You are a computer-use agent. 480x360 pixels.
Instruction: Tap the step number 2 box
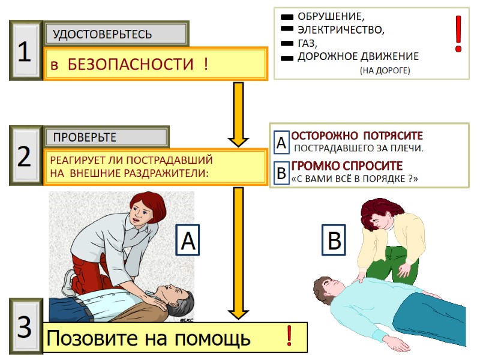tap(25, 156)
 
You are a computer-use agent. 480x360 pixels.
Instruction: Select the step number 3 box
tap(25, 327)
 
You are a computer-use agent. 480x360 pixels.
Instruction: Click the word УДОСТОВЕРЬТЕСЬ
tap(103, 34)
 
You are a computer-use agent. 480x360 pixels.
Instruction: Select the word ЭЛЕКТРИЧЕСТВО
tap(341, 29)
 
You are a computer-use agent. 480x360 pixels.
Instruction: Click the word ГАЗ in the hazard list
tap(307, 43)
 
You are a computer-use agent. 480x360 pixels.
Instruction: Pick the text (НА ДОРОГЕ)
tap(385, 71)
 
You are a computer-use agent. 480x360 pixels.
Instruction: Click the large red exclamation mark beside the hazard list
tap(458, 34)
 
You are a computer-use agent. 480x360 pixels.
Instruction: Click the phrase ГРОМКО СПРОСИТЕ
tap(347, 166)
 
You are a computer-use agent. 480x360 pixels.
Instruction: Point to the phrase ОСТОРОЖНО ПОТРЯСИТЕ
tap(357, 136)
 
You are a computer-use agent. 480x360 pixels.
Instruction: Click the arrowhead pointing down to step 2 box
tap(238, 140)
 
